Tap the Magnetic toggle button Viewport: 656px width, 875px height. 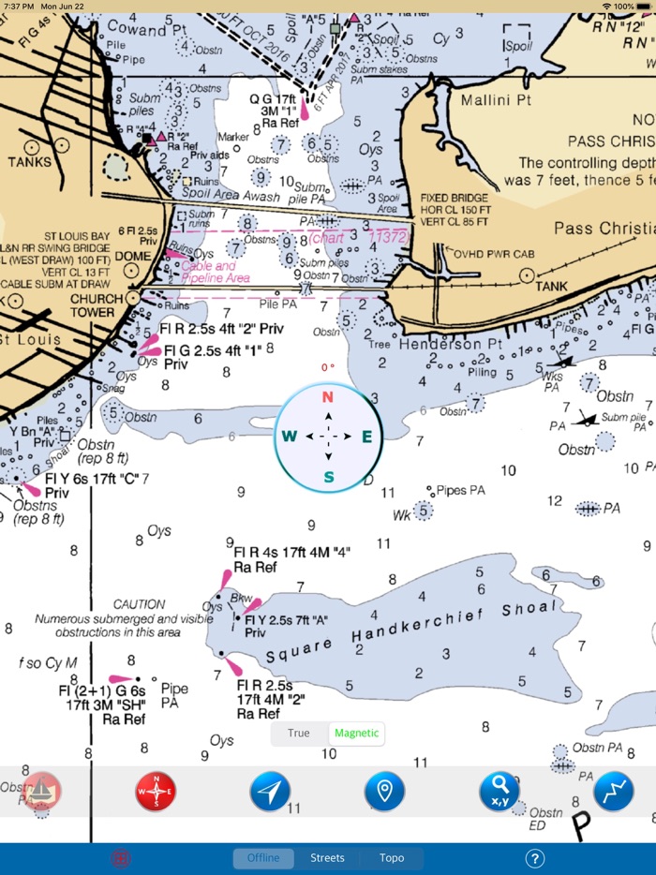(x=356, y=734)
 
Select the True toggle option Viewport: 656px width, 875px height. (x=299, y=734)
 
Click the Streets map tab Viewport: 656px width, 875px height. (x=327, y=858)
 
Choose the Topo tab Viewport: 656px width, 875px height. (x=392, y=858)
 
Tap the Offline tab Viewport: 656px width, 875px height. (x=263, y=858)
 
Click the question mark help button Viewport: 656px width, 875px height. (x=535, y=858)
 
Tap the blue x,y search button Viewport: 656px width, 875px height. (x=499, y=792)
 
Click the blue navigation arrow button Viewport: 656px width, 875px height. (x=270, y=792)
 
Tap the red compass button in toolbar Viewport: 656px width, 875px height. (x=156, y=792)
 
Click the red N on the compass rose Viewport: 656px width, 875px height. (x=328, y=396)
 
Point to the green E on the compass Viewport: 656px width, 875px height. (x=366, y=436)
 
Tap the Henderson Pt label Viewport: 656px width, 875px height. (x=451, y=344)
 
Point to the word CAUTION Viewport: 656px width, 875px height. (x=139, y=604)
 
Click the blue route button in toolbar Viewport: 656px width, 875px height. (x=614, y=792)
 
